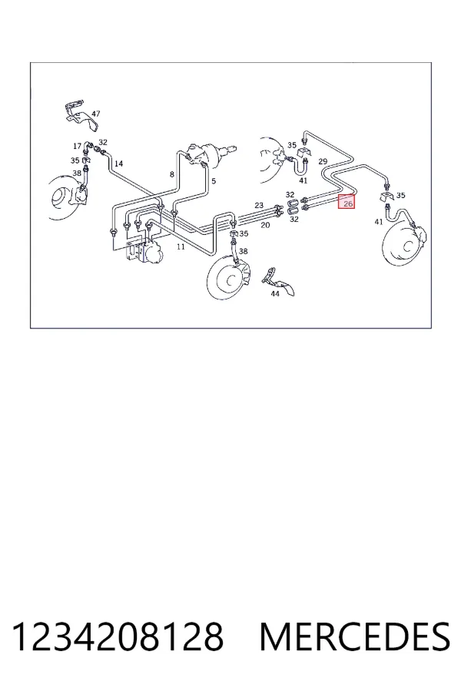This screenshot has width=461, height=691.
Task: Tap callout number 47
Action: (96, 114)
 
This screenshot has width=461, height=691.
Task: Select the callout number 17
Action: (77, 146)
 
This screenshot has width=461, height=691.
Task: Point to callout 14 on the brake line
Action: (118, 164)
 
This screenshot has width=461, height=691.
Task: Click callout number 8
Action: (172, 174)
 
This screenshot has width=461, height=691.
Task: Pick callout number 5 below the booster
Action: (214, 180)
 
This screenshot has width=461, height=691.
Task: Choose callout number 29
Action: (323, 161)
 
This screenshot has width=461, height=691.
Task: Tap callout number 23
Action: (259, 205)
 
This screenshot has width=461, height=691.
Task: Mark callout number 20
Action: (265, 225)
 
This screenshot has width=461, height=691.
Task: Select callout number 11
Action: (181, 246)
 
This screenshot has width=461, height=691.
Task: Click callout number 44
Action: (275, 293)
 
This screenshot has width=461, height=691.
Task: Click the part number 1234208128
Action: (118, 636)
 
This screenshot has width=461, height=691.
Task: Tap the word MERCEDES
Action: (355, 636)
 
